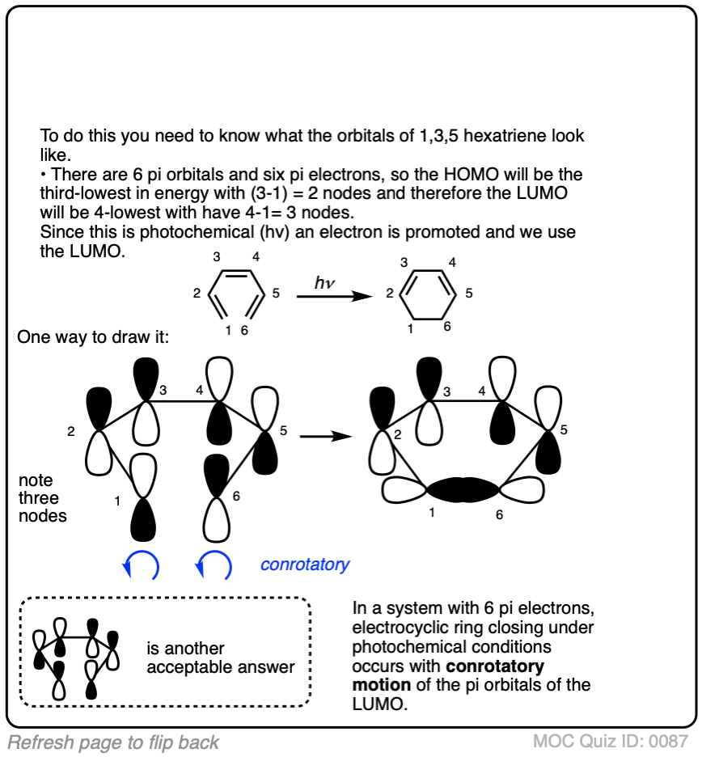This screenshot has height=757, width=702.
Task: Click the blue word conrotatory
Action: (x=305, y=564)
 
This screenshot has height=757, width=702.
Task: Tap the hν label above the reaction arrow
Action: (x=325, y=282)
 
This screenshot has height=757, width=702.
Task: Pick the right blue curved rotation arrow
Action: (x=214, y=564)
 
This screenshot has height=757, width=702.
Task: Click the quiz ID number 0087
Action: (x=670, y=741)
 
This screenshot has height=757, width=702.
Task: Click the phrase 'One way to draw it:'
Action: (x=93, y=336)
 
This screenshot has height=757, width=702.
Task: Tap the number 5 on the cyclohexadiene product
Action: (x=469, y=293)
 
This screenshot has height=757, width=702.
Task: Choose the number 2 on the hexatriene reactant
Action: (x=197, y=294)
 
